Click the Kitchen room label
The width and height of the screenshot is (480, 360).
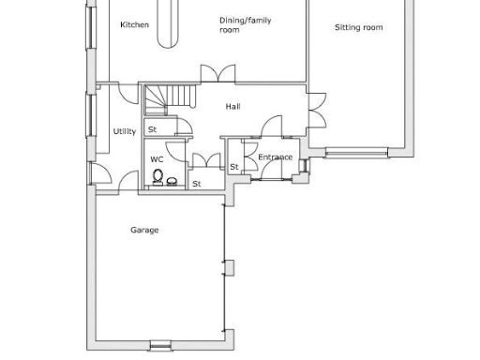coord(134,24)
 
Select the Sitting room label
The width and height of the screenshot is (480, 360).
coord(358,28)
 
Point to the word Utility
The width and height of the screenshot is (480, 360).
coord(124,131)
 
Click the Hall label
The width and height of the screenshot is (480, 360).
coord(233,107)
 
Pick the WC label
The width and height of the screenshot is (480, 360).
coord(157,159)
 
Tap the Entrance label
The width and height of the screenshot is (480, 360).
coord(276,157)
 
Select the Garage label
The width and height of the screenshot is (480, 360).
coord(143,230)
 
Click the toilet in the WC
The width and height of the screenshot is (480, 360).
coord(158,177)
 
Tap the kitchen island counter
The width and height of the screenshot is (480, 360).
coord(170,23)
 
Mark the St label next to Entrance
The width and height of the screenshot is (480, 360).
coord(234,167)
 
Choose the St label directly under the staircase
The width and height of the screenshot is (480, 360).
coord(152,128)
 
